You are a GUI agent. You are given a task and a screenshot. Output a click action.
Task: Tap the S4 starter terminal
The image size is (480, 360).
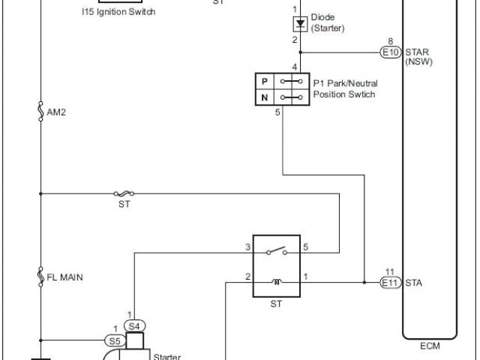[x=133, y=325]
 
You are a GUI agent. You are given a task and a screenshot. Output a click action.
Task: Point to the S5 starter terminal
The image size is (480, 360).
[x=115, y=340]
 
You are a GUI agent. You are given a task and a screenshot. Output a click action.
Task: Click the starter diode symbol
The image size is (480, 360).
[x=300, y=23]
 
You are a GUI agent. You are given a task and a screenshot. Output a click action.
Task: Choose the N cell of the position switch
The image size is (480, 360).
[x=264, y=97]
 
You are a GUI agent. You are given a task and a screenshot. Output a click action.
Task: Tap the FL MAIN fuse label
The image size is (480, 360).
[x=64, y=277]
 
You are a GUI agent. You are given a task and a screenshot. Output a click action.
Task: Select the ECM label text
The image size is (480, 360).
[x=430, y=346]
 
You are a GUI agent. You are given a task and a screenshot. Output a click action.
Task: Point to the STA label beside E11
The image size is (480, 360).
[x=414, y=283]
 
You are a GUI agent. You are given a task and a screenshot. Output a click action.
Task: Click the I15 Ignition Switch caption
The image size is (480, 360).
[x=120, y=13]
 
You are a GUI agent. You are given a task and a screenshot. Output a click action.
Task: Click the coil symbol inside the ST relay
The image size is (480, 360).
[x=276, y=283]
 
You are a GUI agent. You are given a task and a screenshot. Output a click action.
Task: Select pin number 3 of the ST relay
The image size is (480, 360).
[x=247, y=246]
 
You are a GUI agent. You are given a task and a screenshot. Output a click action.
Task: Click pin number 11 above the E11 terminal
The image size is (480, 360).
[x=389, y=271]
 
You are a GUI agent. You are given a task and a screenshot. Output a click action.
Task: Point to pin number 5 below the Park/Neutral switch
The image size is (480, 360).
[x=278, y=112]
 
